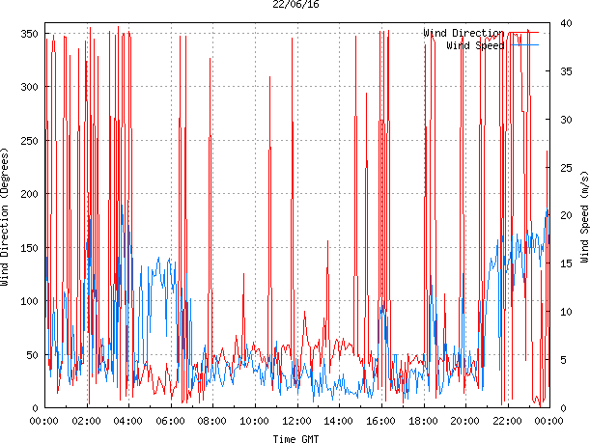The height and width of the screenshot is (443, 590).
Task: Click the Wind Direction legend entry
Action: click(464, 34)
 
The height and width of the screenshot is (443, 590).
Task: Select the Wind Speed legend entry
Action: click(475, 45)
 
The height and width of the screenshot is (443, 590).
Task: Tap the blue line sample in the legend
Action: click(525, 45)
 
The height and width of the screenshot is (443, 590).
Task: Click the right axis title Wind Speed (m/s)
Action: click(584, 218)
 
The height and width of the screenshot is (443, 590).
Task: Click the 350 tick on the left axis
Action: click(28, 34)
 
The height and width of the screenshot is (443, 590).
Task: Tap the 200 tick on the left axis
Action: click(28, 194)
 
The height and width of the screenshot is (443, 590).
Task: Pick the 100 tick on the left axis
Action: click(28, 301)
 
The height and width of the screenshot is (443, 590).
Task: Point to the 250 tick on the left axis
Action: click(28, 141)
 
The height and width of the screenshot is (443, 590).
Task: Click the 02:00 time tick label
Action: click(86, 422)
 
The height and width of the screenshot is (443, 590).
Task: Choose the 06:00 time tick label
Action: click(170, 422)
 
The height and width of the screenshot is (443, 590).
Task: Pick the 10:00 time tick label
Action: click(254, 422)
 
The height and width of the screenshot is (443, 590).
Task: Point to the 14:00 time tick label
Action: click(338, 422)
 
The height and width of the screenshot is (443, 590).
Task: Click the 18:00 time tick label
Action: click(423, 422)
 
